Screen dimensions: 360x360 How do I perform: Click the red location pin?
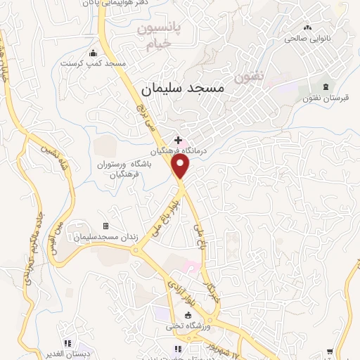(x=181, y=166)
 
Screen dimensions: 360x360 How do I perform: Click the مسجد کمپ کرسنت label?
(x=94, y=63)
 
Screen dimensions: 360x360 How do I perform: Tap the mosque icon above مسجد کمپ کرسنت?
(x=94, y=53)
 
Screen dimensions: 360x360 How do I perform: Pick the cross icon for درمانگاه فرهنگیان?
(x=178, y=140)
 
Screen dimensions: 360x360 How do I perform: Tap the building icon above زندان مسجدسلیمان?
(x=106, y=226)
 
